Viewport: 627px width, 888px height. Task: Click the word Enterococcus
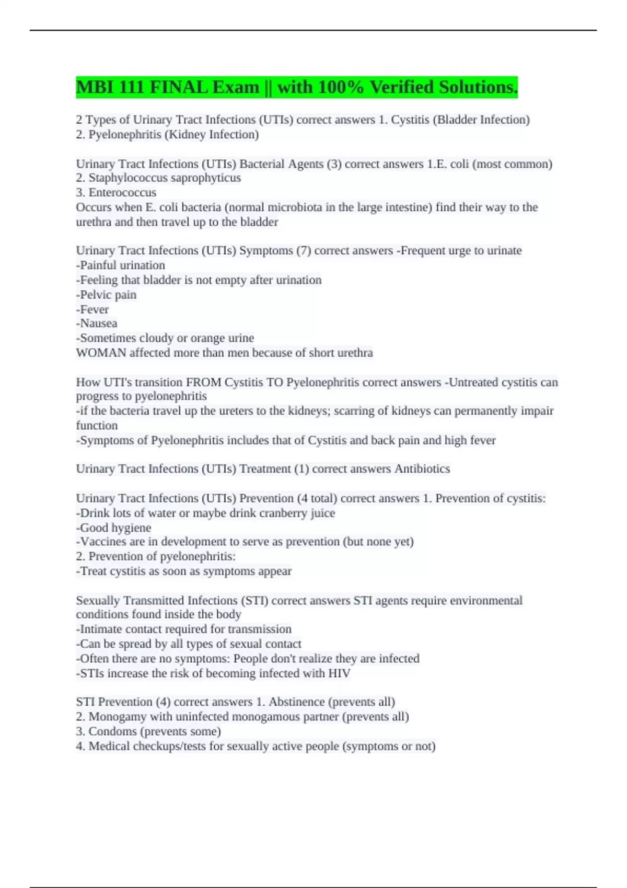coord(122,193)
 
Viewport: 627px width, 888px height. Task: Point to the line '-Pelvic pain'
coord(106,295)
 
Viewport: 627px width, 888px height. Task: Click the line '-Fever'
coord(92,309)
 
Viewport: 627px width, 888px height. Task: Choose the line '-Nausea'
coord(97,323)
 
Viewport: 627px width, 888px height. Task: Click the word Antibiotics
coord(422,469)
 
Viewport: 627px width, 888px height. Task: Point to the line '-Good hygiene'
coord(113,528)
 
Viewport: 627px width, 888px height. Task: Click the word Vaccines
coord(102,542)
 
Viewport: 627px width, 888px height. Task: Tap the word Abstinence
coord(296,702)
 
